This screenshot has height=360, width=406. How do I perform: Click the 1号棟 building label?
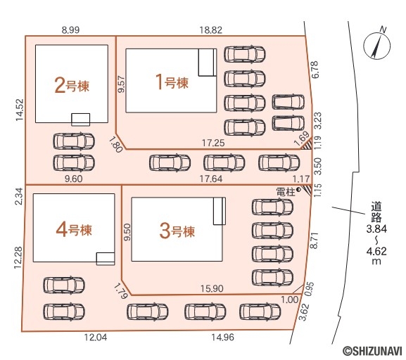coord(173,83)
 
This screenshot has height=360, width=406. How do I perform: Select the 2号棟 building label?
coord(72,86)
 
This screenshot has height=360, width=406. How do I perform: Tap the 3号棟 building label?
coord(177,231)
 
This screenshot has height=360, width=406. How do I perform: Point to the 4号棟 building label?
coord(74,229)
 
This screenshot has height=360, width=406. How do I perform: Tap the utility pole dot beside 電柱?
coord(298,190)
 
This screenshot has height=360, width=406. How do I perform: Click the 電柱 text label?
coord(286,192)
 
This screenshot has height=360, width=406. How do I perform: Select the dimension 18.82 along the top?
coord(211,30)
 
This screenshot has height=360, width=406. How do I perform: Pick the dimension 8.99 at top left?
coord(70,30)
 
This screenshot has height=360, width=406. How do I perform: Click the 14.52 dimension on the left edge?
coord(20,110)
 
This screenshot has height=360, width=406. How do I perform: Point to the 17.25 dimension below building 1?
coord(213,143)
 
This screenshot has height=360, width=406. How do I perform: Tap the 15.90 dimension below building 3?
coord(212,288)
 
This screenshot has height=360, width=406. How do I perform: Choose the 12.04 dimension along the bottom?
coord(96,337)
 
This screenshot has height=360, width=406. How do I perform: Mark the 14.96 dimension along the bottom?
coord(222,337)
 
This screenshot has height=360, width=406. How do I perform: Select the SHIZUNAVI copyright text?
coord(373,351)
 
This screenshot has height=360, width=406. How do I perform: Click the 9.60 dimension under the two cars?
coord(74,179)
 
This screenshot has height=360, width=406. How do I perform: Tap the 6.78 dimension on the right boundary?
coord(316,70)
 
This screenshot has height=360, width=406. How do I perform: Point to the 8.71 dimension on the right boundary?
coord(314,240)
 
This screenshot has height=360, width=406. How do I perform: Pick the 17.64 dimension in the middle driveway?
coord(211,179)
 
